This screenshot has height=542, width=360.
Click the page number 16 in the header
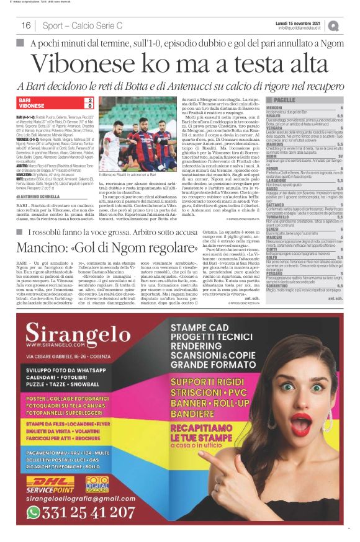click(x=26, y=25)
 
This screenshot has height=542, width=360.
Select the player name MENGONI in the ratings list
click(x=275, y=107)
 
